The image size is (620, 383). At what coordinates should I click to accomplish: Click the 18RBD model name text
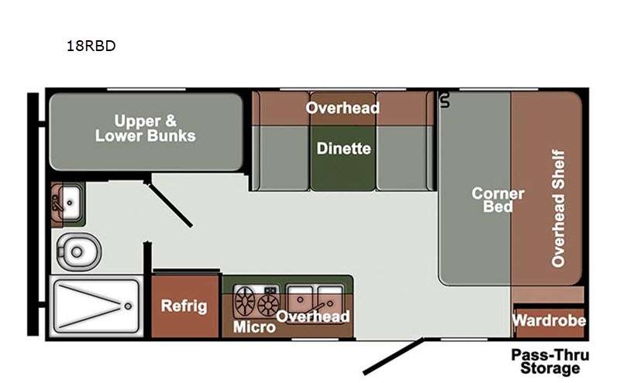[91, 46]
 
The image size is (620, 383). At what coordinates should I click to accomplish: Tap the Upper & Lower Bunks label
[145, 128]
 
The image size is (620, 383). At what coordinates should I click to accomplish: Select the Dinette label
[343, 149]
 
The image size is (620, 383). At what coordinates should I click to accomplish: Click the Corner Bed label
[498, 200]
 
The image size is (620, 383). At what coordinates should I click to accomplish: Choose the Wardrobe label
[549, 320]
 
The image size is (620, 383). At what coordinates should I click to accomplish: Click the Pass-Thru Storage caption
[549, 361]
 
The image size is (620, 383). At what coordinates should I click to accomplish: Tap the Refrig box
[184, 306]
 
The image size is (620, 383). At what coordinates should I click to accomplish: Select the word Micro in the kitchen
[254, 327]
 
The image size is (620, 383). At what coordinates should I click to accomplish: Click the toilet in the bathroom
[74, 251]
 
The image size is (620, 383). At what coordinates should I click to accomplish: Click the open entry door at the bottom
[394, 355]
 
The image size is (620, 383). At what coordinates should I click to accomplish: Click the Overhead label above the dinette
[343, 108]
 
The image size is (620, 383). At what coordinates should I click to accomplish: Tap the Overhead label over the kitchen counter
[313, 316]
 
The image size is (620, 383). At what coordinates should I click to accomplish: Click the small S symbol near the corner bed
[445, 99]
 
